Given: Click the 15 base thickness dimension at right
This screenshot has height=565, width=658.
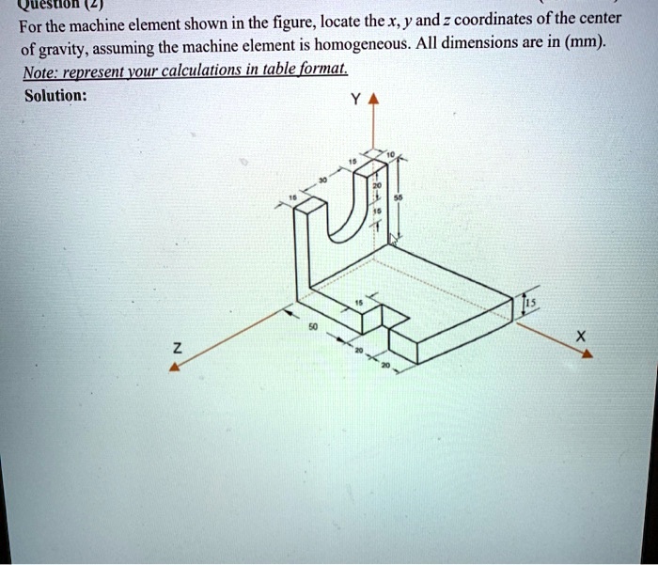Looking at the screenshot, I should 531,302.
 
